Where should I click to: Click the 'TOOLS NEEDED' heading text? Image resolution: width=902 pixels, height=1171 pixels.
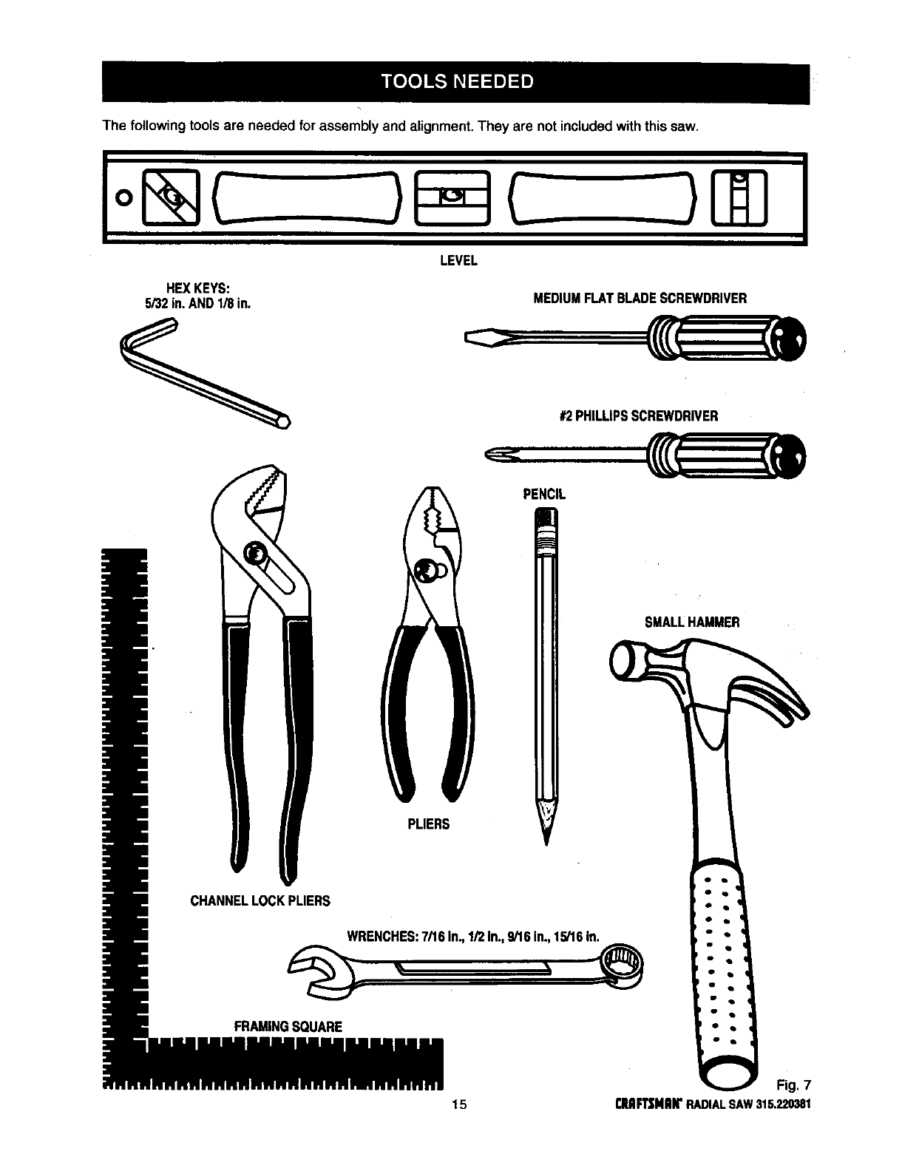click(x=457, y=81)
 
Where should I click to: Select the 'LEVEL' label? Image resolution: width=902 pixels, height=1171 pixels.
click(x=458, y=260)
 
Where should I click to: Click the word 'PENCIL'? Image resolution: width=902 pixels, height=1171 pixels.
click(x=544, y=495)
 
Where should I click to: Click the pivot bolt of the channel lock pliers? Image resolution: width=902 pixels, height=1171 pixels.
click(x=255, y=554)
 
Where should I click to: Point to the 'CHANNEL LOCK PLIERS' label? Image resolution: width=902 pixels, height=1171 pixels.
click(x=260, y=900)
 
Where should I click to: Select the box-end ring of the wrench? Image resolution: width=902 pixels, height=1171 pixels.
click(x=619, y=965)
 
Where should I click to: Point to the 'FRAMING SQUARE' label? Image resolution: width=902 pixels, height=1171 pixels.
click(x=288, y=1026)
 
